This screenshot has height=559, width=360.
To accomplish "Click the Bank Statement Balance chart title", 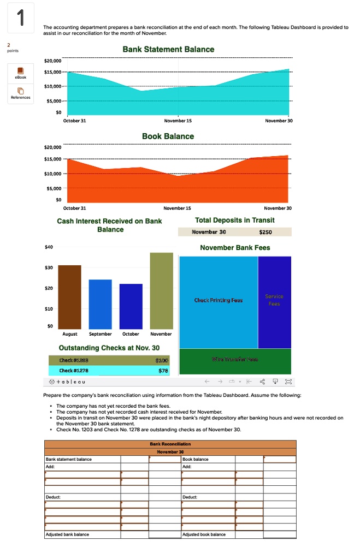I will click(x=168, y=50).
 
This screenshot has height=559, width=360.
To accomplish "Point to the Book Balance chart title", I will click(x=168, y=136).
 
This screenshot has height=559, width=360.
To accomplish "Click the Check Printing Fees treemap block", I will click(x=219, y=301).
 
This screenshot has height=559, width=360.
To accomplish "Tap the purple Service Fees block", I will click(x=274, y=301).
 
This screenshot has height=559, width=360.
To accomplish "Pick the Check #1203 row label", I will click(x=78, y=360).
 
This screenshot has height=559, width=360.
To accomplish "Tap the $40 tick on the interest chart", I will click(x=49, y=247).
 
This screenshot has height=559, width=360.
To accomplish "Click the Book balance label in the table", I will click(x=196, y=459).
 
